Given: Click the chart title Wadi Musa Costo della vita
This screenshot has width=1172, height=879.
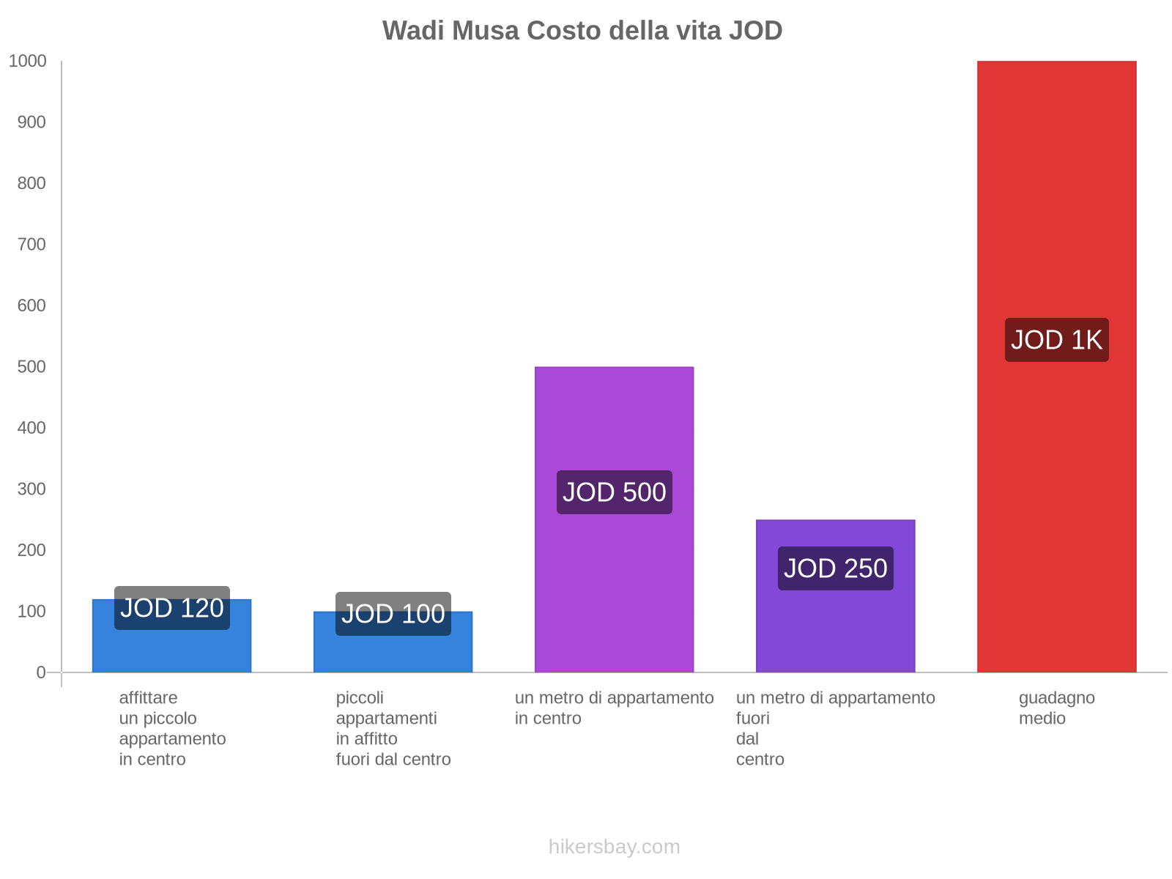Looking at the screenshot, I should click(x=582, y=31).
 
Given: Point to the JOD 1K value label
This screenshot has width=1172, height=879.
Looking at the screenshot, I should click(x=1056, y=340).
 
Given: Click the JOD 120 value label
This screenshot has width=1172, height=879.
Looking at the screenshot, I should click(x=172, y=608).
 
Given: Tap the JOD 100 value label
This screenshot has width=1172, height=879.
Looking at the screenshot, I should click(x=393, y=614).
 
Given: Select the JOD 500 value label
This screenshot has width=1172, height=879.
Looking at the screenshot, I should click(x=614, y=492).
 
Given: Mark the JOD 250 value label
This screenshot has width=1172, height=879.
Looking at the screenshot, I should click(x=835, y=568).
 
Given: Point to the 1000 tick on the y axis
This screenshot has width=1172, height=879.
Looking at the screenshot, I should click(x=28, y=62).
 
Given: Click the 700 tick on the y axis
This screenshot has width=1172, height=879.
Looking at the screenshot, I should click(x=31, y=245).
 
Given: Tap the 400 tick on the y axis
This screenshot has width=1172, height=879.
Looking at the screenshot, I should click(x=31, y=428).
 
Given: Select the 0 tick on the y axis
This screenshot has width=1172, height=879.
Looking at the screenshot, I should click(x=41, y=672).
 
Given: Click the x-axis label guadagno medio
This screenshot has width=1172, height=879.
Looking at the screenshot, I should click(x=1056, y=708).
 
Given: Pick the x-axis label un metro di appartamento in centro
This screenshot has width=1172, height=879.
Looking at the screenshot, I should click(x=614, y=708).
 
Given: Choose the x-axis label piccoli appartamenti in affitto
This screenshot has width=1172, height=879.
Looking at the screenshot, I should click(x=393, y=729).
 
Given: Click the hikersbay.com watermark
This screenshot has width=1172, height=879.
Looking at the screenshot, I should click(x=614, y=847).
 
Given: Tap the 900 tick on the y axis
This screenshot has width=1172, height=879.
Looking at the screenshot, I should click(x=31, y=122).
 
